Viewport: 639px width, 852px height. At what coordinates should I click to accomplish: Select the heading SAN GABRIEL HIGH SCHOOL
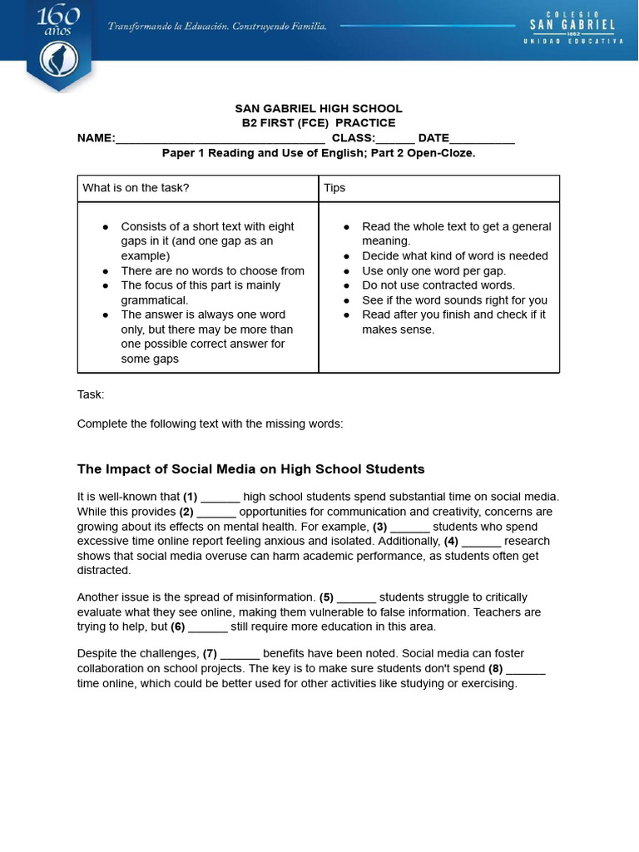tap(319, 108)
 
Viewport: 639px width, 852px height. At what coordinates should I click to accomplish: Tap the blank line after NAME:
tap(220, 139)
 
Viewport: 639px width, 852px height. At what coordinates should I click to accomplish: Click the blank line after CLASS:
tap(395, 139)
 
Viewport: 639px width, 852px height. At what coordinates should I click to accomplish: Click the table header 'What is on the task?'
tap(136, 188)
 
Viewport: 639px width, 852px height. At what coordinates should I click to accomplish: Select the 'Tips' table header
tap(334, 188)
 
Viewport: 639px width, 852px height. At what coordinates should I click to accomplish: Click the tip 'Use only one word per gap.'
tap(433, 270)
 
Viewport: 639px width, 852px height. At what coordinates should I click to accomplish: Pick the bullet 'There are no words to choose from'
tap(212, 270)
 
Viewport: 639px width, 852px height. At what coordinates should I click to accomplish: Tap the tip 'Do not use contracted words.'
tap(438, 285)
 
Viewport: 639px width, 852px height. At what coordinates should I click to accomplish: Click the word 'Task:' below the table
tap(91, 394)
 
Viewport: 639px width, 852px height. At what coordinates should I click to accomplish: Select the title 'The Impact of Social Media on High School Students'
tap(250, 468)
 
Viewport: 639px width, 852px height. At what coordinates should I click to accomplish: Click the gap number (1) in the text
tap(190, 497)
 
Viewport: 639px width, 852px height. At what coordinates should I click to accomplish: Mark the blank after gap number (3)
tap(409, 527)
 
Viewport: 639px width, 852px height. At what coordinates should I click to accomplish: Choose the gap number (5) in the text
tap(326, 597)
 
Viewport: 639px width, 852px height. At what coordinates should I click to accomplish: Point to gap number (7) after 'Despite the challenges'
tap(210, 654)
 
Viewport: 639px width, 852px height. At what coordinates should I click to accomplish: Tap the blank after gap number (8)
tap(526, 669)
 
